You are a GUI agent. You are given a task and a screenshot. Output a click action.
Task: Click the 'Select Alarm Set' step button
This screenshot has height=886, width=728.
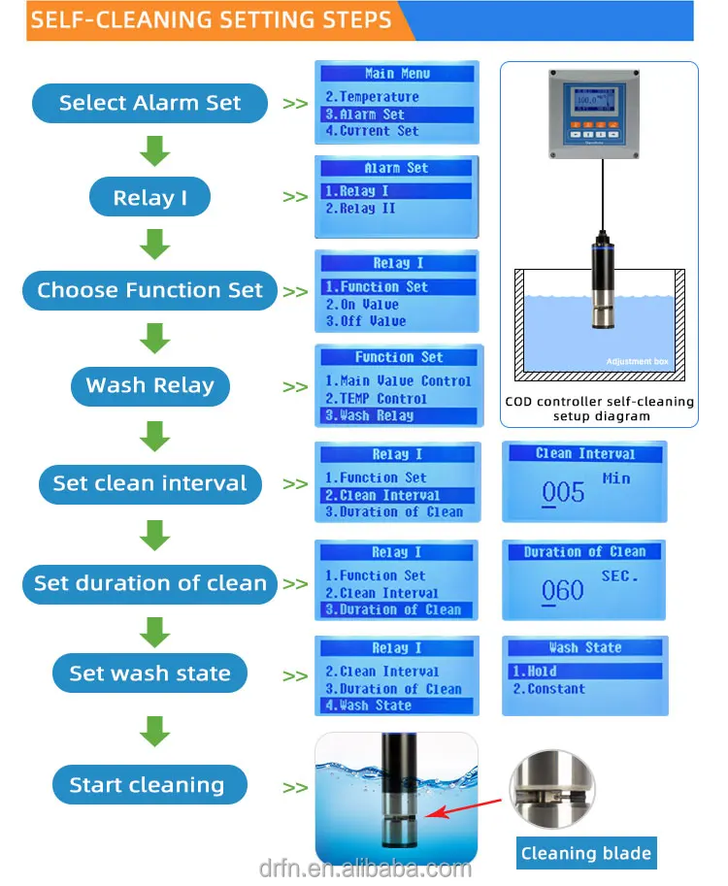click(149, 103)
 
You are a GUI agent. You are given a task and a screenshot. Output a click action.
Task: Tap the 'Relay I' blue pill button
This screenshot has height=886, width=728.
click(149, 197)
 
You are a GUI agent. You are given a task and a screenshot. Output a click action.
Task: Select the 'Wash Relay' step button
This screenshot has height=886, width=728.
click(149, 386)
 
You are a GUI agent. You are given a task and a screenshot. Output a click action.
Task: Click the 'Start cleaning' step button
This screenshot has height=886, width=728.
click(149, 784)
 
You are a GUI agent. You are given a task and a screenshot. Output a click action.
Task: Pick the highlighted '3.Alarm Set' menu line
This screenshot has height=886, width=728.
click(397, 115)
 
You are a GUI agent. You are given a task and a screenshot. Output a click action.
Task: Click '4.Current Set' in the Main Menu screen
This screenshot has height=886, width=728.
click(372, 131)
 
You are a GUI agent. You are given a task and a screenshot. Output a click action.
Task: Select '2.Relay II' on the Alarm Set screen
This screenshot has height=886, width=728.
click(360, 209)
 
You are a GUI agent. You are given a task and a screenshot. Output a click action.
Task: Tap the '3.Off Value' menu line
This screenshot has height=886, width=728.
click(366, 321)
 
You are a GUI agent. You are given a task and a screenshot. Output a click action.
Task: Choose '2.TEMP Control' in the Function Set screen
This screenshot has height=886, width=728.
click(376, 399)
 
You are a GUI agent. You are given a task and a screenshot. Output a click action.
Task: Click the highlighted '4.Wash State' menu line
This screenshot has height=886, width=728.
click(397, 706)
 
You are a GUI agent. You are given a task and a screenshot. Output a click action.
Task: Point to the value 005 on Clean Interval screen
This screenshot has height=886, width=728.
click(563, 493)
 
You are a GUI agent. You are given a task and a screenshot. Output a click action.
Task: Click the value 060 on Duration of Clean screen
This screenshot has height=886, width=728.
click(562, 591)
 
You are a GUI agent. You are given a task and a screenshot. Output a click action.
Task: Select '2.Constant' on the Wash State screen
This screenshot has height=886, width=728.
click(548, 689)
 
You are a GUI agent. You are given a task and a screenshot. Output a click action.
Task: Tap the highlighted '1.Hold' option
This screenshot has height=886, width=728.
click(585, 672)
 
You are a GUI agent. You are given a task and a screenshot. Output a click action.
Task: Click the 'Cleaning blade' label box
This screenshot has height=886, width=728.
click(586, 853)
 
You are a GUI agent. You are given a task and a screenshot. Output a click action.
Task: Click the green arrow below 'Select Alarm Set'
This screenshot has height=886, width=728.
click(155, 150)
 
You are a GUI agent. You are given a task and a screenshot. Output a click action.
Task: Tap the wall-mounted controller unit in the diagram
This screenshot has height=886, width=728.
click(594, 115)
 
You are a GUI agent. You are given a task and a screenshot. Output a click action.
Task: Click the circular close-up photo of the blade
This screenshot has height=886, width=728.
click(552, 789)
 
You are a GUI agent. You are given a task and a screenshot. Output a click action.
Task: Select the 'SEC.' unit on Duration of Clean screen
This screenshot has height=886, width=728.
click(619, 576)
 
